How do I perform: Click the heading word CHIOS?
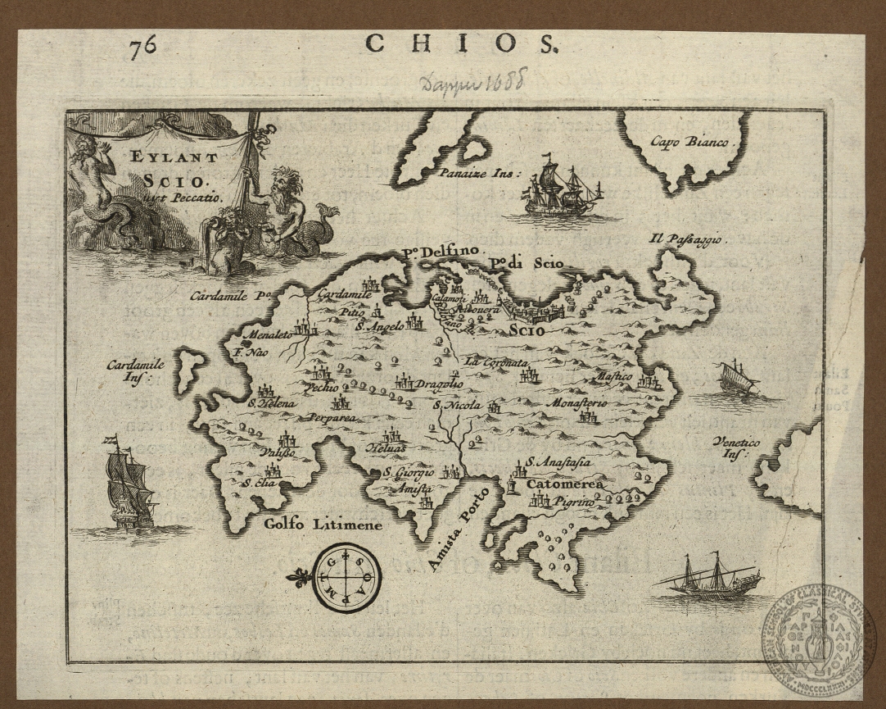coord(463,43)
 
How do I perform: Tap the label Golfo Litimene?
coord(323,524)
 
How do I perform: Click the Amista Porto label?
coord(459,529)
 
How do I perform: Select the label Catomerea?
coord(565,484)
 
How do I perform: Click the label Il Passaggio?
coord(685,239)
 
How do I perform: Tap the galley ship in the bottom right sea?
coord(709,578)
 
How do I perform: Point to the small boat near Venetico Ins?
coord(738,378)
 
